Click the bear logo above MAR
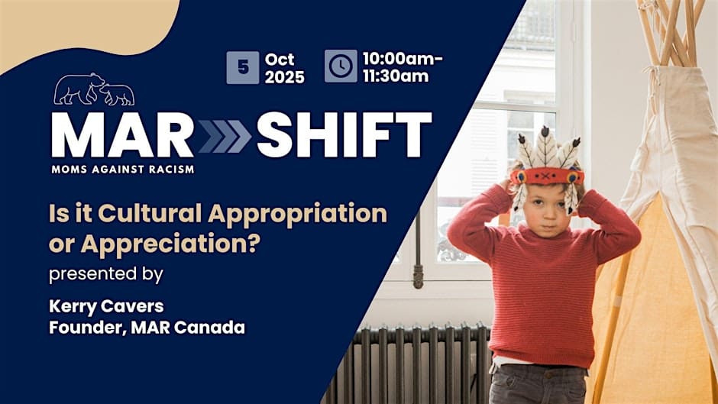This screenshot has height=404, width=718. (x=94, y=89)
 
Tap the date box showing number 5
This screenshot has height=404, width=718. (x=243, y=67)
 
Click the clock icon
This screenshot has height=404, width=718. (x=340, y=66)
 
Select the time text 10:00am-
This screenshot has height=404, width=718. (x=403, y=58)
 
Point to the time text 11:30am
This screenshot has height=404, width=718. (x=395, y=76)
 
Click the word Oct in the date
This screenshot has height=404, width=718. (x=279, y=58)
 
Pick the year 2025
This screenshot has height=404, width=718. (x=285, y=76)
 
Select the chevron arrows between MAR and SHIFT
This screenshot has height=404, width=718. (x=225, y=137)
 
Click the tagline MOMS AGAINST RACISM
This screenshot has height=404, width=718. (x=122, y=168)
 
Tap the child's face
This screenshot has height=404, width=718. (x=546, y=202)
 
